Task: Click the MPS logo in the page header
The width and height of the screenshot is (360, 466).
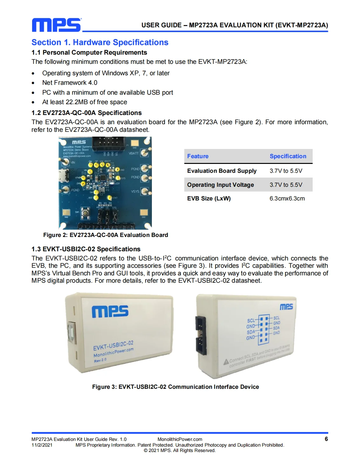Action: click(57, 25)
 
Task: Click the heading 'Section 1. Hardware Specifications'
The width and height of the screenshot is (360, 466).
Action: click(100, 42)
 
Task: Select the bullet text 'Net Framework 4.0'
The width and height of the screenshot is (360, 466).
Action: click(70, 83)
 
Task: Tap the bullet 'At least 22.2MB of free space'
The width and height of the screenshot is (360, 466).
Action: click(85, 102)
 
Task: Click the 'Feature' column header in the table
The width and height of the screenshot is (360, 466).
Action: click(198, 156)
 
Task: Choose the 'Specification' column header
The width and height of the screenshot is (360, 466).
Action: click(288, 156)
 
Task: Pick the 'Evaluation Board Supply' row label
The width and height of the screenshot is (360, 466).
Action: click(222, 171)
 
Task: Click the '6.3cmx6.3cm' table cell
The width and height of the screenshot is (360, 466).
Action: click(287, 198)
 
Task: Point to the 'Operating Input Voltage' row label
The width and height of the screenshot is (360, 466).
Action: click(221, 185)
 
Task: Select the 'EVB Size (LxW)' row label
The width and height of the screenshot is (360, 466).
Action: click(209, 198)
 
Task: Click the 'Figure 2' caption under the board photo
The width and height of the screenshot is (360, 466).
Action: click(105, 235)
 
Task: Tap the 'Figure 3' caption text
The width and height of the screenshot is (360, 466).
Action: click(175, 387)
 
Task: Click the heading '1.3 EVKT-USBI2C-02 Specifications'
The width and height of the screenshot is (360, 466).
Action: click(86, 249)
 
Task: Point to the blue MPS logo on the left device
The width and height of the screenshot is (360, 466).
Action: click(110, 311)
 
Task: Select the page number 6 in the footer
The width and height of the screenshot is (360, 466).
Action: click(326, 439)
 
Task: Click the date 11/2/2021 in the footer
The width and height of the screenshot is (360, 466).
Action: click(42, 445)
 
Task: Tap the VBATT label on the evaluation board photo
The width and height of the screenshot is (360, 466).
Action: click(133, 153)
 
